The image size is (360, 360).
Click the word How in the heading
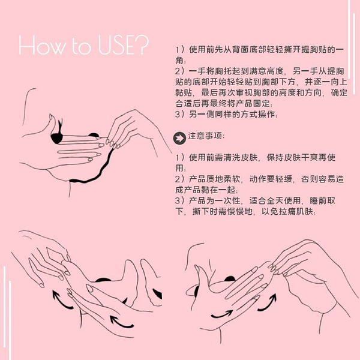pos(41,45)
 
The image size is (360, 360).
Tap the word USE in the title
pos(116,44)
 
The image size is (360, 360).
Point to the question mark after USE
pos(142,44)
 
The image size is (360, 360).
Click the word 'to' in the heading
pos(81,46)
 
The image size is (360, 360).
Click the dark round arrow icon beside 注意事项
pos(179,138)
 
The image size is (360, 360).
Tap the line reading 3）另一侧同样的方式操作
pos(226,114)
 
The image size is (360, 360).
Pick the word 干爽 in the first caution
pos(310,157)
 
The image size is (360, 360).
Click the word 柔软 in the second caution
pos(232,179)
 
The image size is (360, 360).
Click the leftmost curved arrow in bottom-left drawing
pos(61,300)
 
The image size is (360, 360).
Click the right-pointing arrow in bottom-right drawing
pos(222,315)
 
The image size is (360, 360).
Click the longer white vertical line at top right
pos(349,39)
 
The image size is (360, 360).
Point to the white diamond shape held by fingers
pos(55,254)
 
